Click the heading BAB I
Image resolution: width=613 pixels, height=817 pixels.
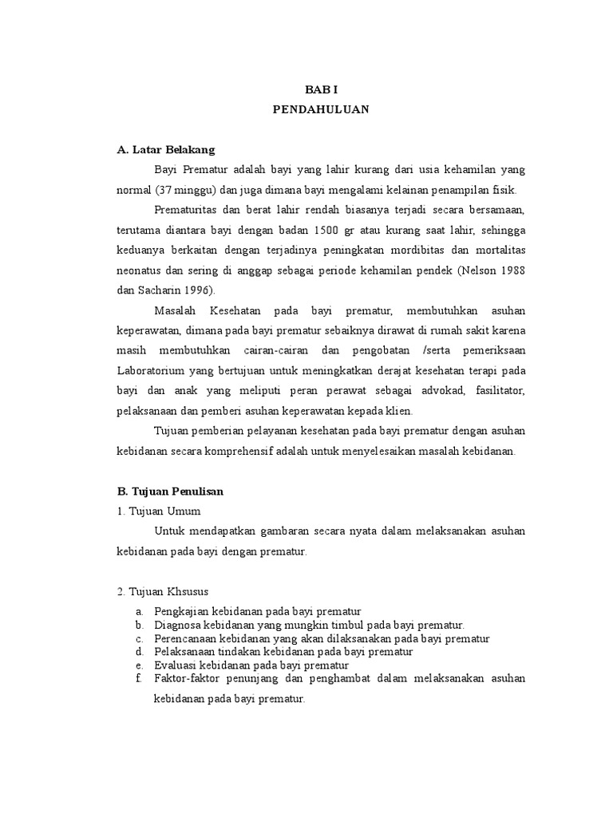(x=322, y=91)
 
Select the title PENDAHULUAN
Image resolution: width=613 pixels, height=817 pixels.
(x=322, y=110)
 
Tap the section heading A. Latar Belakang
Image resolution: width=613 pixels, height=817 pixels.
(x=166, y=149)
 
